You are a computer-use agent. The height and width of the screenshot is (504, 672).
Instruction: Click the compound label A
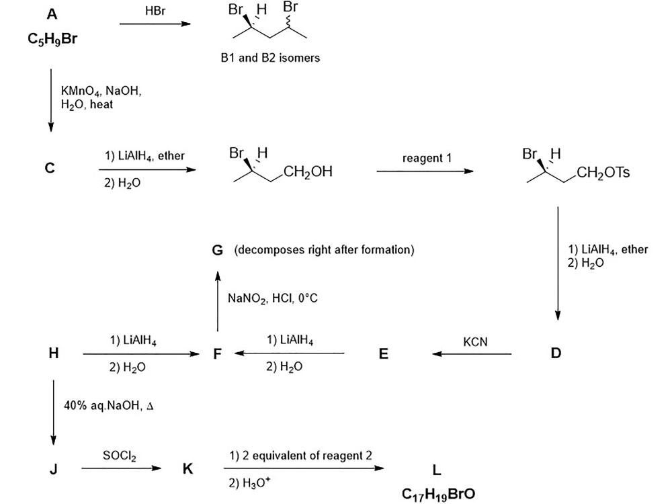52,13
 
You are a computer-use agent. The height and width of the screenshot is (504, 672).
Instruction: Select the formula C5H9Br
52,40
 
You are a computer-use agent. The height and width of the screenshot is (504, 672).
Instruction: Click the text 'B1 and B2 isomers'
270,58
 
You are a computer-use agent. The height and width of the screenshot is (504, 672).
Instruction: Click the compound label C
50,169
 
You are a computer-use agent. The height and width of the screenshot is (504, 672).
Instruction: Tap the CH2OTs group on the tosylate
604,173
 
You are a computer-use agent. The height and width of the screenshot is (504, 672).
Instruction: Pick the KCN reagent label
475,341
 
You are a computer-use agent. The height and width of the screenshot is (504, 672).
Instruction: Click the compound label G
217,251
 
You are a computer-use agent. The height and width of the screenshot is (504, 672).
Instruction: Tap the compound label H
53,353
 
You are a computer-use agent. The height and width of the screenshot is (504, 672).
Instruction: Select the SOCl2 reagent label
119,456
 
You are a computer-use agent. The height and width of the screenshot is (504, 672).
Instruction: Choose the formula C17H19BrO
438,494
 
